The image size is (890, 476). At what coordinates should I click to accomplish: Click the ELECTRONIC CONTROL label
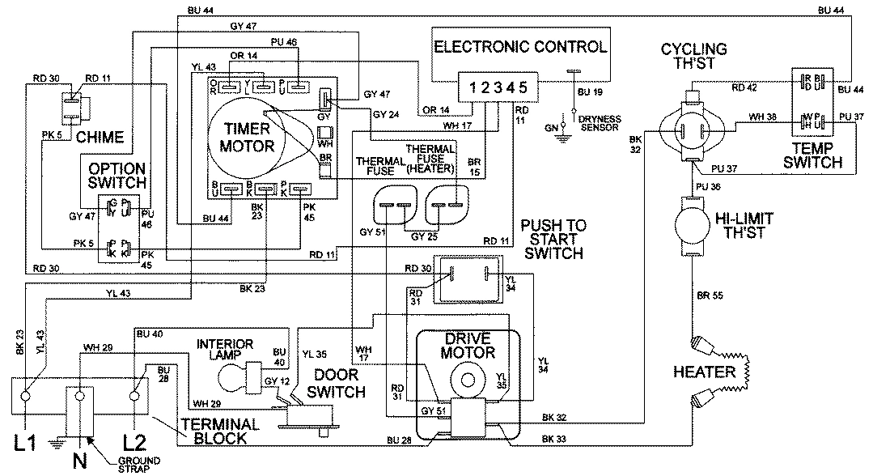click(x=519, y=46)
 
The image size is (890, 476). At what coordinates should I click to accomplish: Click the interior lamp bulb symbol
click(x=235, y=377)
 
